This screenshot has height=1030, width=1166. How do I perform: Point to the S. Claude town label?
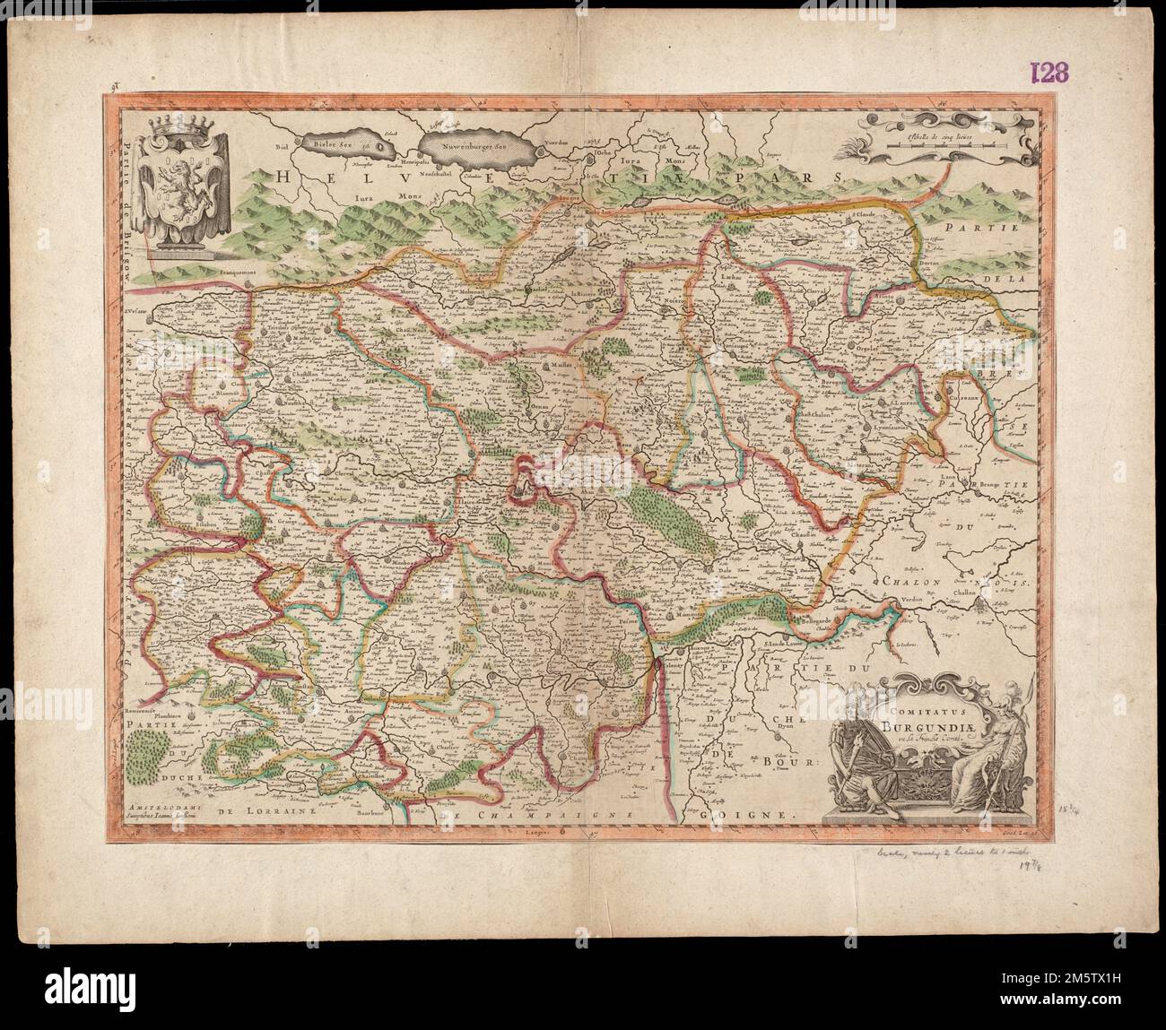[863, 215]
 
